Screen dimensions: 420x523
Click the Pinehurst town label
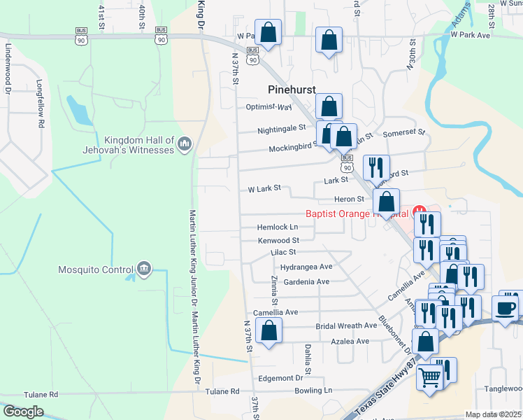(x=292, y=89)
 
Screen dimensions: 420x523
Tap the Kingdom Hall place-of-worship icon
(x=185, y=144)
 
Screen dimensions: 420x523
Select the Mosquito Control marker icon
(x=144, y=268)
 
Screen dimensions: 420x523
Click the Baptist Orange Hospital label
(x=357, y=213)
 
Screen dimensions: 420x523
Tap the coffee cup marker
(x=506, y=307)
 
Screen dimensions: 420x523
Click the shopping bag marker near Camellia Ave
(x=268, y=330)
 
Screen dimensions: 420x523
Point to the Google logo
(x=24, y=412)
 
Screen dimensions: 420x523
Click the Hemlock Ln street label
(x=278, y=227)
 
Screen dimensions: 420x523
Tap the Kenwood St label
(x=278, y=240)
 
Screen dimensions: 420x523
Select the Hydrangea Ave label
(x=306, y=267)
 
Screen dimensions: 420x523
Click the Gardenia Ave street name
(x=304, y=281)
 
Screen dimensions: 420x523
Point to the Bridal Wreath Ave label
(x=346, y=326)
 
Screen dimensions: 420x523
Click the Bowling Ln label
(x=313, y=390)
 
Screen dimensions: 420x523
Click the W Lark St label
(x=264, y=188)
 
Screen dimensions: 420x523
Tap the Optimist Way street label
(x=269, y=107)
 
